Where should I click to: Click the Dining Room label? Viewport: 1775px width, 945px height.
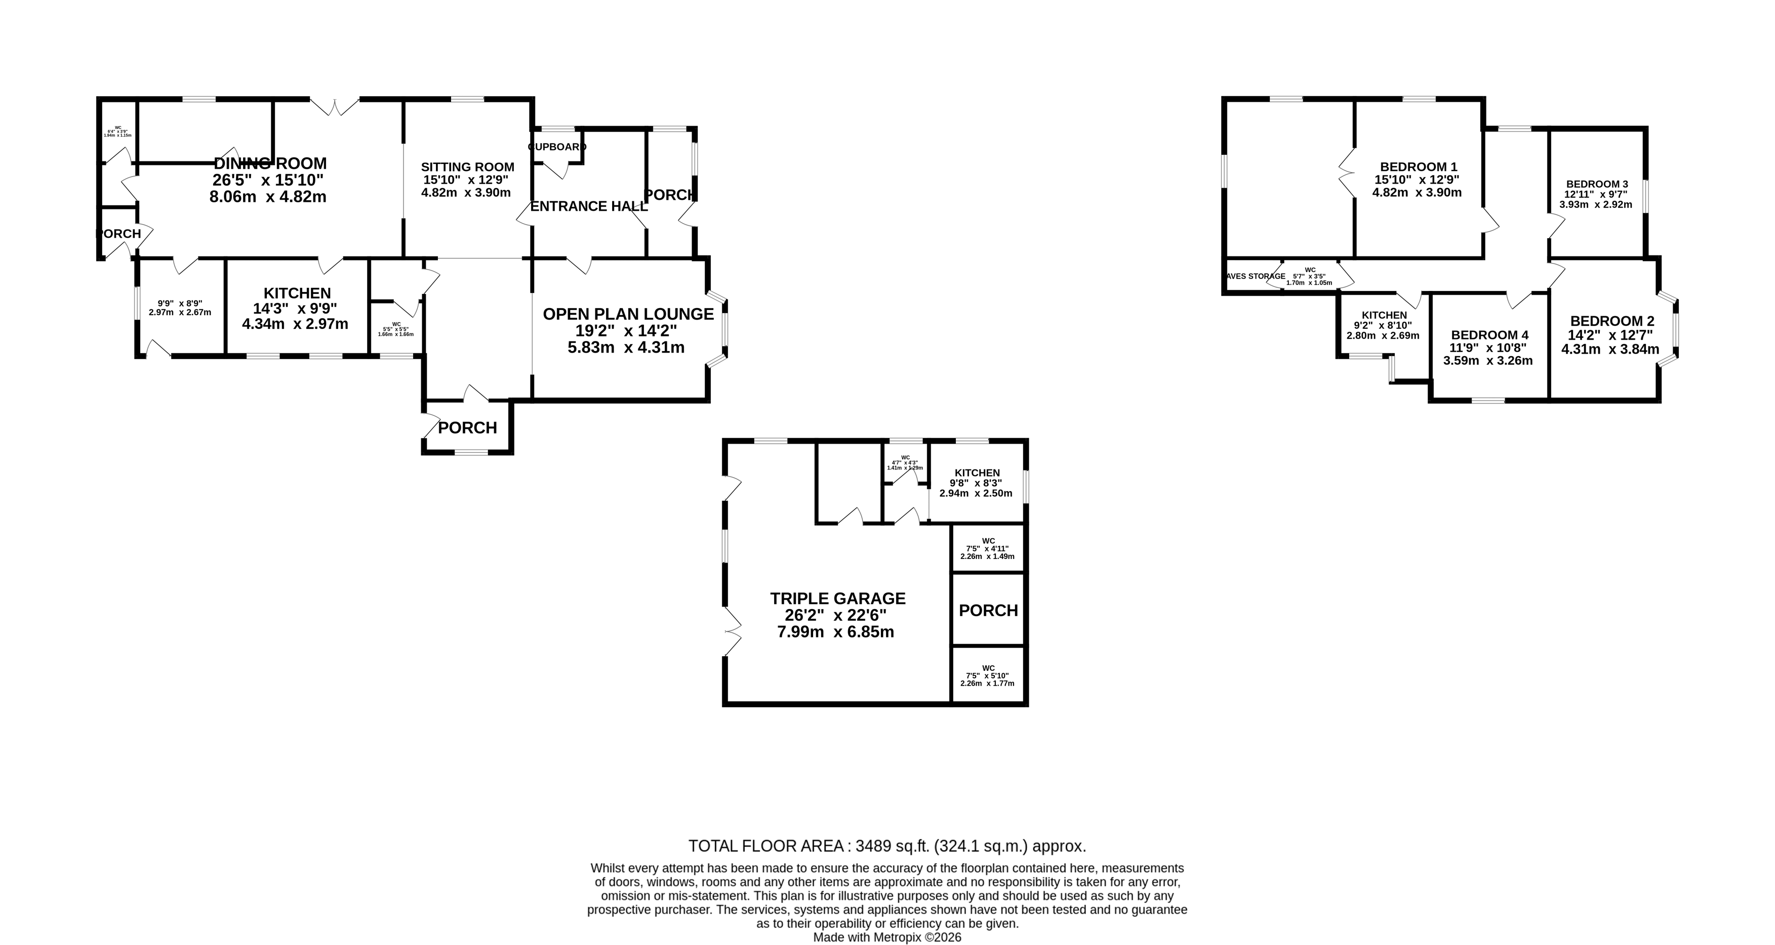[x=270, y=164]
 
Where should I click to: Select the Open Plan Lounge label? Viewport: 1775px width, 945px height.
[x=628, y=315]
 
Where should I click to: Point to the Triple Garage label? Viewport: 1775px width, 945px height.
[x=837, y=598]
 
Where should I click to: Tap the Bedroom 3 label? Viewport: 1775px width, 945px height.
[x=1596, y=184]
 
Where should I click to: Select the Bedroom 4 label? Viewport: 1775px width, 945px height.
[x=1488, y=335]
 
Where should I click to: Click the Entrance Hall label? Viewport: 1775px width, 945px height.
[x=588, y=206]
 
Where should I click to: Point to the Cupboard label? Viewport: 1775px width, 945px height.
[x=557, y=147]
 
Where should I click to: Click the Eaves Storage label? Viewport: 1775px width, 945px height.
[x=1256, y=276]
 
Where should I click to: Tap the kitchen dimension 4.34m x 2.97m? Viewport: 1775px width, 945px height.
[x=295, y=324]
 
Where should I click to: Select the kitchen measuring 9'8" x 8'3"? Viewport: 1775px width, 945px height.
[x=977, y=483]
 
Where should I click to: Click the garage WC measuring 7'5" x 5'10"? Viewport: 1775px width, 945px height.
[x=987, y=676]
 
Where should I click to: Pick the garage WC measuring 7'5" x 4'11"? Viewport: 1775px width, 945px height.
[x=987, y=548]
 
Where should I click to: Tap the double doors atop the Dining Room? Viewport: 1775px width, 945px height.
[x=334, y=107]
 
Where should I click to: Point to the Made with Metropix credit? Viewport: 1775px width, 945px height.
[x=887, y=937]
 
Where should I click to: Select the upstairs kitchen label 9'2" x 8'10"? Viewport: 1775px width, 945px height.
[x=1384, y=325]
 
